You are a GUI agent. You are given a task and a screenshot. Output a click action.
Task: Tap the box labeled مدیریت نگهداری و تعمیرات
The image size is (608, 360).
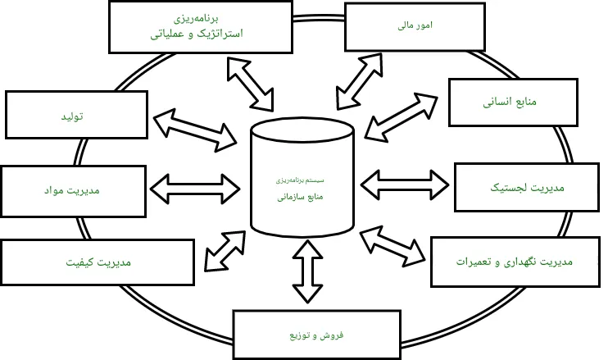tap(515, 262)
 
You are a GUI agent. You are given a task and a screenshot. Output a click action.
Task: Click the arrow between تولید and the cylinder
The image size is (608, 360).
tap(195, 125)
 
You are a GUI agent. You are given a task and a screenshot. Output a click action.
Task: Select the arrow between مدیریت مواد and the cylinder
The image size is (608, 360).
tap(195, 187)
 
